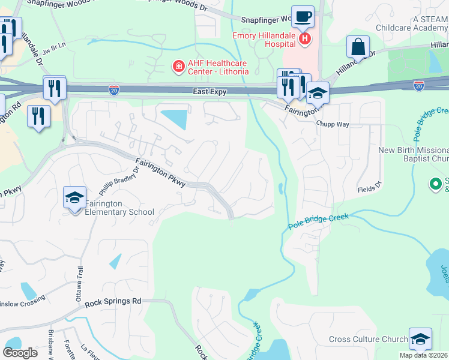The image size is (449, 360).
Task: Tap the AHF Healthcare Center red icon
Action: [178, 66]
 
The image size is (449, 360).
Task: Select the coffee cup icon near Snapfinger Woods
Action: [303, 17]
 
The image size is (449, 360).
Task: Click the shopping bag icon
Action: [358, 47]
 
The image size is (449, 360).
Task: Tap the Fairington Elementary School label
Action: [119, 208]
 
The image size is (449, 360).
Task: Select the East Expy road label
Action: [209, 91]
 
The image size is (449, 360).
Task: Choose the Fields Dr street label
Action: [369, 189]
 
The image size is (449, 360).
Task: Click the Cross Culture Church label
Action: [368, 340]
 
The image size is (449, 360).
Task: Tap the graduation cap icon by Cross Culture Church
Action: [420, 339]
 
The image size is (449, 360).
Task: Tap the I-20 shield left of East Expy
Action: [114, 90]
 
